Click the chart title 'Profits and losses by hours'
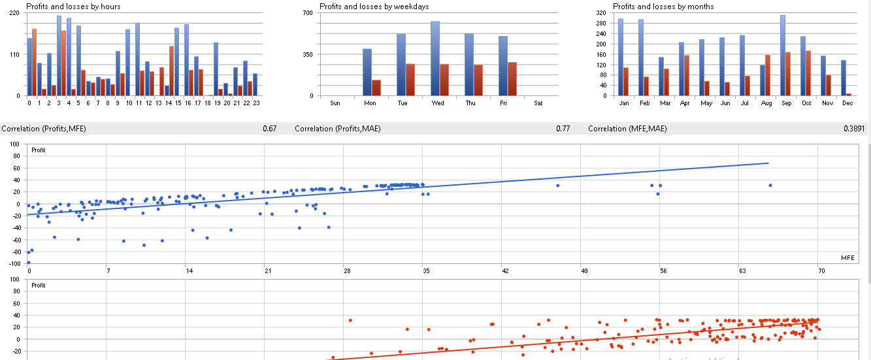73,7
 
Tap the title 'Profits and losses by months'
663,7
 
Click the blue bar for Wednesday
435,59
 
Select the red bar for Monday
376,88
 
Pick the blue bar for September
782,56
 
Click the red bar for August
767,75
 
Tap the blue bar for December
844,78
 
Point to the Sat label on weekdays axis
538,103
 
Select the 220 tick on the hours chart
14,14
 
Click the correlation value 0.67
269,129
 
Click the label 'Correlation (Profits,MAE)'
337,129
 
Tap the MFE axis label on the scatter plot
847,258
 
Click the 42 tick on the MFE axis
505,270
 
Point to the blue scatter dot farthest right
770,186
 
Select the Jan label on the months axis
623,103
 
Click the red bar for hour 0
34,62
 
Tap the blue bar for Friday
503,66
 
